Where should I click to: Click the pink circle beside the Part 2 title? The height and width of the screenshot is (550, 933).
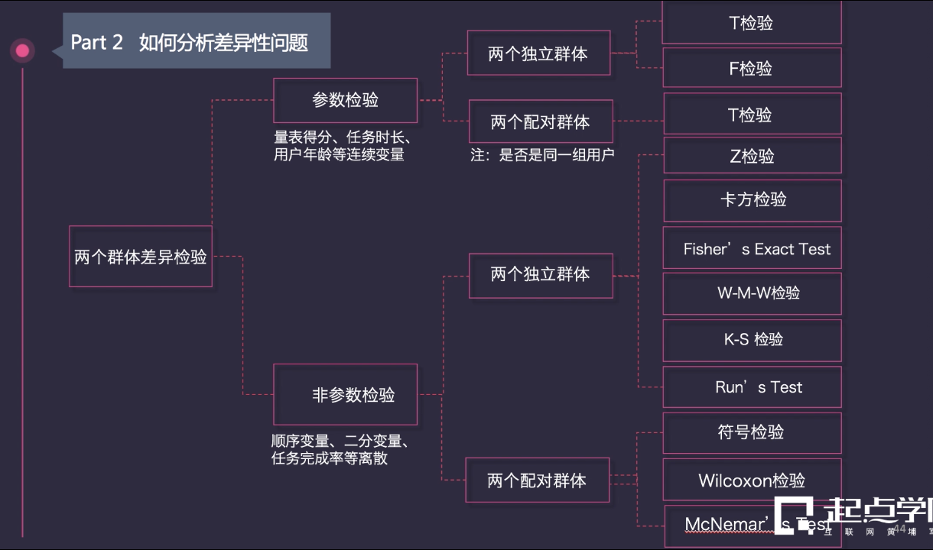click(x=22, y=51)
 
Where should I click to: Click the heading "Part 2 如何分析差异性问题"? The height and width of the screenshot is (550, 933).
click(x=190, y=42)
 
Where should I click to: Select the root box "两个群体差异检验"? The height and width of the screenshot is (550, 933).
click(x=141, y=257)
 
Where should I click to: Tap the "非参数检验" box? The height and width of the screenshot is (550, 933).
click(x=346, y=395)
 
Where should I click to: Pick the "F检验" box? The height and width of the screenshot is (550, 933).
click(x=752, y=69)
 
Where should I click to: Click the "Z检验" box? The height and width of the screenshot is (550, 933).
click(x=752, y=157)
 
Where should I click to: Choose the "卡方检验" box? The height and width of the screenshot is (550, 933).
click(x=752, y=200)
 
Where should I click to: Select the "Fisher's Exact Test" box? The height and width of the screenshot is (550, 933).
click(x=752, y=249)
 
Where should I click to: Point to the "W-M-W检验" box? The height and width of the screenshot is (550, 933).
click(x=752, y=293)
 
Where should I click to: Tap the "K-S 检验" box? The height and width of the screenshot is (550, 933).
click(x=752, y=339)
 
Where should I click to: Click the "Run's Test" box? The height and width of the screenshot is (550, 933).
click(x=752, y=387)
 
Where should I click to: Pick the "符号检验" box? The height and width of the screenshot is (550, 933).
click(x=752, y=432)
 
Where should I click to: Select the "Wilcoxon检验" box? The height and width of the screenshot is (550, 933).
click(x=752, y=480)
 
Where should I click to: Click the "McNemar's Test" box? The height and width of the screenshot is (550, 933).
click(x=734, y=525)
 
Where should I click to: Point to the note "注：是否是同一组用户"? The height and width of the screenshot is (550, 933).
click(x=542, y=155)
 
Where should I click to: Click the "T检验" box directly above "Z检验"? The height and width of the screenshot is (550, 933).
click(x=752, y=115)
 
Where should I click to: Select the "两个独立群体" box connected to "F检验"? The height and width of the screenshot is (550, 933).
click(x=538, y=53)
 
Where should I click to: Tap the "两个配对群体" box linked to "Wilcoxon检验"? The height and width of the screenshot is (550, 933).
click(x=538, y=480)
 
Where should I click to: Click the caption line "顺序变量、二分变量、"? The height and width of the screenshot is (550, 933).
click(x=343, y=442)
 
